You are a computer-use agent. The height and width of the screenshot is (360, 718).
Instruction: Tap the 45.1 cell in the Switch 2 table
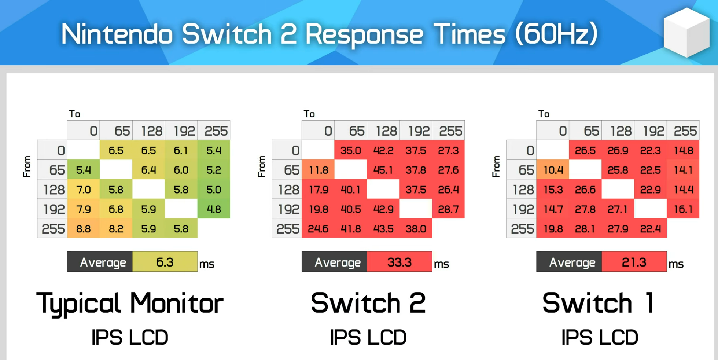[383, 170]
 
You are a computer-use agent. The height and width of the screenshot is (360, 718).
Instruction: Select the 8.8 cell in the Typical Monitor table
[83, 229]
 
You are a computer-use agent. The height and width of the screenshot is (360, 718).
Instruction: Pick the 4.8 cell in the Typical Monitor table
[214, 209]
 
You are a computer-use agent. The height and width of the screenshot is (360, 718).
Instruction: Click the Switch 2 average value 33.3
[399, 262]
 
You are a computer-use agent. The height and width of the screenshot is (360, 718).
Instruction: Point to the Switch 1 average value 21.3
[634, 262]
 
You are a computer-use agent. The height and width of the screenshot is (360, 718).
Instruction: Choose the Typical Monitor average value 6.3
[165, 262]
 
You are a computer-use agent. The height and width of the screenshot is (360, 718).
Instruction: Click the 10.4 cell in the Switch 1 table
[553, 170]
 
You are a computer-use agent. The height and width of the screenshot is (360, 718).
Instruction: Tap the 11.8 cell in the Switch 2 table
[318, 170]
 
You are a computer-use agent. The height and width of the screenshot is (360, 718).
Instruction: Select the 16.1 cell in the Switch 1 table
[683, 209]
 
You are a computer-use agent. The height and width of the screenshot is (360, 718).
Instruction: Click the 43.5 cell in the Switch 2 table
[383, 229]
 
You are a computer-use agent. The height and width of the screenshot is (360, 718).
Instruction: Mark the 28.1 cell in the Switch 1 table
[585, 229]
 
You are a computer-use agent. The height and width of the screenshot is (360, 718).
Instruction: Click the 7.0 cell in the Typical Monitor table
[83, 190]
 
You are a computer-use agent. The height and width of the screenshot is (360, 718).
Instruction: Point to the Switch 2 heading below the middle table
[368, 303]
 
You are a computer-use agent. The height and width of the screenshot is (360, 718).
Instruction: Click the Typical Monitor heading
[130, 303]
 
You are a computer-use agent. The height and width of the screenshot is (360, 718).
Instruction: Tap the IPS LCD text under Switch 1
[600, 337]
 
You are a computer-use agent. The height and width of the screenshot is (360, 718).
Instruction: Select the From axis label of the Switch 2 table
[261, 166]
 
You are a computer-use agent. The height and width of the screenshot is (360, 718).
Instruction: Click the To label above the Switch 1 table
[544, 114]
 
